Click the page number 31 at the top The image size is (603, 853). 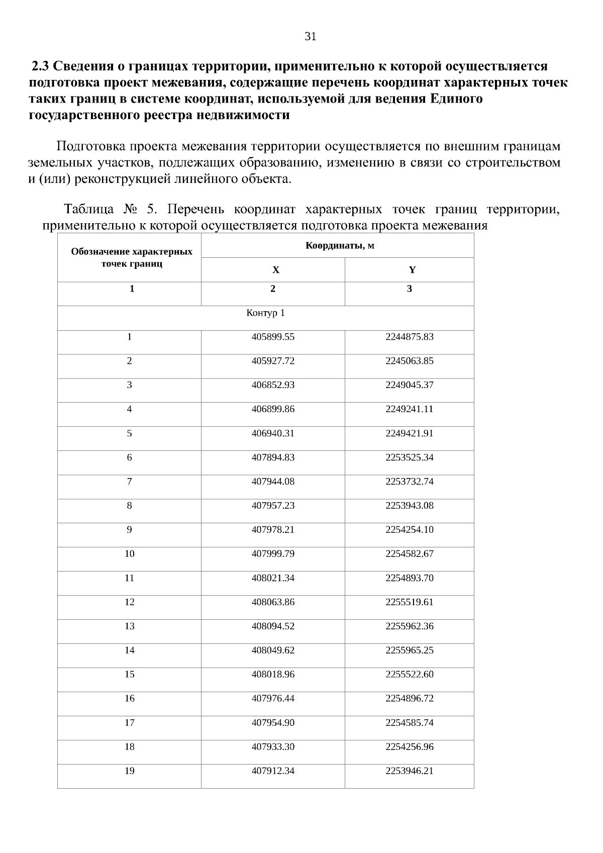pos(310,36)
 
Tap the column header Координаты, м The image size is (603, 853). pos(340,246)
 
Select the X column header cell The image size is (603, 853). pos(275,270)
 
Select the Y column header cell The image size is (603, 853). pos(412,270)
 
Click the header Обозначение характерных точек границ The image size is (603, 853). pos(132,257)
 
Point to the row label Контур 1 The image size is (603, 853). pos(265,313)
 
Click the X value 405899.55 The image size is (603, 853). pos(273,337)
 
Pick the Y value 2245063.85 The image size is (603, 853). pos(409,361)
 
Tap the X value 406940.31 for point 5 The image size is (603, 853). pos(273,433)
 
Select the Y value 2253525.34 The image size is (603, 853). pos(409,457)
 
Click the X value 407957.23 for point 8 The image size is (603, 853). pos(273,506)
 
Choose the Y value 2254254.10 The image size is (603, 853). pos(409,530)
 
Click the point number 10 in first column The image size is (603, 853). pos(130,554)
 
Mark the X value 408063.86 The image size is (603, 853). pos(273,602)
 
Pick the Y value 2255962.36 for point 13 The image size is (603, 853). pos(409,626)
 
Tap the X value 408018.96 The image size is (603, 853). pos(273,675)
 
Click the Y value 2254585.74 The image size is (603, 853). pos(409,723)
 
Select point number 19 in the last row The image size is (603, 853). pos(130,771)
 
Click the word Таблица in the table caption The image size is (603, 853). pos(89,209)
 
